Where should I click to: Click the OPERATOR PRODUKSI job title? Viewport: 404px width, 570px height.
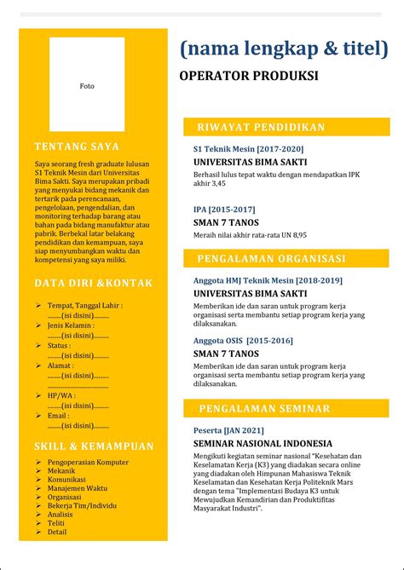pyautogui.click(x=248, y=76)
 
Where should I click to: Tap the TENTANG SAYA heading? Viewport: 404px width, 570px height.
pyautogui.click(x=77, y=146)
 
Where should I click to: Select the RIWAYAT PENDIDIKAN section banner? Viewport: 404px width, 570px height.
pyautogui.click(x=286, y=127)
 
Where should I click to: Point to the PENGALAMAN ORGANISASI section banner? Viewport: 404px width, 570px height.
pyautogui.click(x=286, y=258)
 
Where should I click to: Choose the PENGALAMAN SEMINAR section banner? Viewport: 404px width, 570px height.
pyautogui.click(x=286, y=409)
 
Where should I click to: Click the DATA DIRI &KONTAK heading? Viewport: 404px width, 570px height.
pyautogui.click(x=94, y=283)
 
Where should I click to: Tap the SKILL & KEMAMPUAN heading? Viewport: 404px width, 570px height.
pyautogui.click(x=94, y=446)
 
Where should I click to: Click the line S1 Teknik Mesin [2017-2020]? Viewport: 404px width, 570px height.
pyautogui.click(x=248, y=148)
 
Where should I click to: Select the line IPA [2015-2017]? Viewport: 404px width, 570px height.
pyautogui.click(x=225, y=208)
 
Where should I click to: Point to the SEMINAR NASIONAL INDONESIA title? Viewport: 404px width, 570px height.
pyautogui.click(x=263, y=443)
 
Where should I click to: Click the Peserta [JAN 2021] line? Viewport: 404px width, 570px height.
pyautogui.click(x=228, y=430)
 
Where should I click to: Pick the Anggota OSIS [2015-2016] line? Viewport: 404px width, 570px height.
pyautogui.click(x=243, y=340)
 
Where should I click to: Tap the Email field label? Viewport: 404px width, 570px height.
pyautogui.click(x=59, y=415)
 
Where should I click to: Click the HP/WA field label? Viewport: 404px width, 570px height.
pyautogui.click(x=61, y=395)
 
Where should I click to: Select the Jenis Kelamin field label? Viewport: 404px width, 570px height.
pyautogui.click(x=71, y=325)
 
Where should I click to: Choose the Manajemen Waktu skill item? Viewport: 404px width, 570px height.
pyautogui.click(x=78, y=488)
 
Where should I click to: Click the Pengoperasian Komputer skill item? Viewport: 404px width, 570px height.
pyautogui.click(x=88, y=462)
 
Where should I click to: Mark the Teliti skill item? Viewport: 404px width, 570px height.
pyautogui.click(x=56, y=523)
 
